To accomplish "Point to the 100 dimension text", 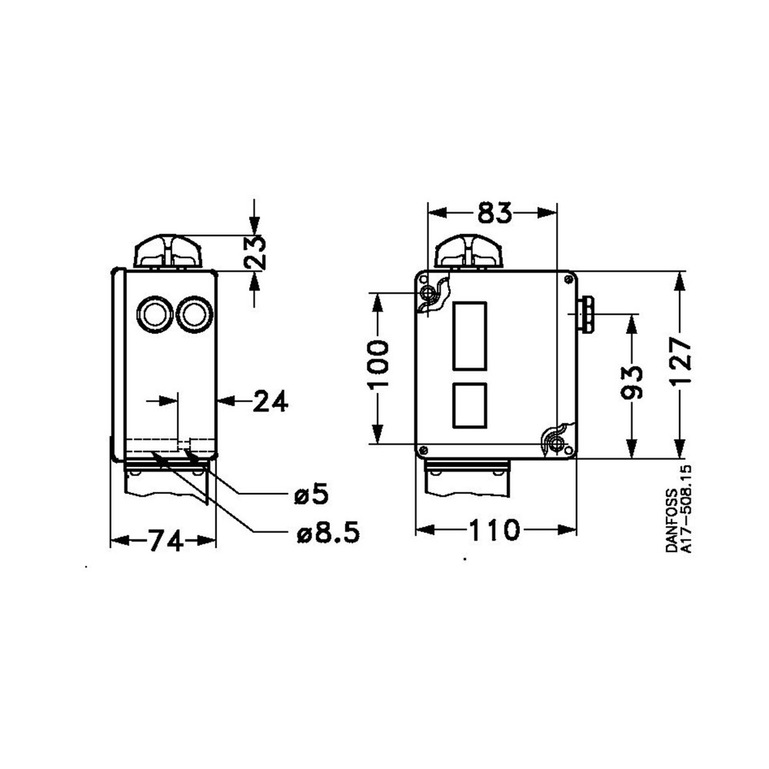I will click(378, 363).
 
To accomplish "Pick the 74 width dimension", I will click(165, 541).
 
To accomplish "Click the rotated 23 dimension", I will click(257, 251).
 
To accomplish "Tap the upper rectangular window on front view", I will click(471, 335).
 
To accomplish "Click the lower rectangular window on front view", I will click(471, 405).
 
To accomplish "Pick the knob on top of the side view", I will click(167, 252).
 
